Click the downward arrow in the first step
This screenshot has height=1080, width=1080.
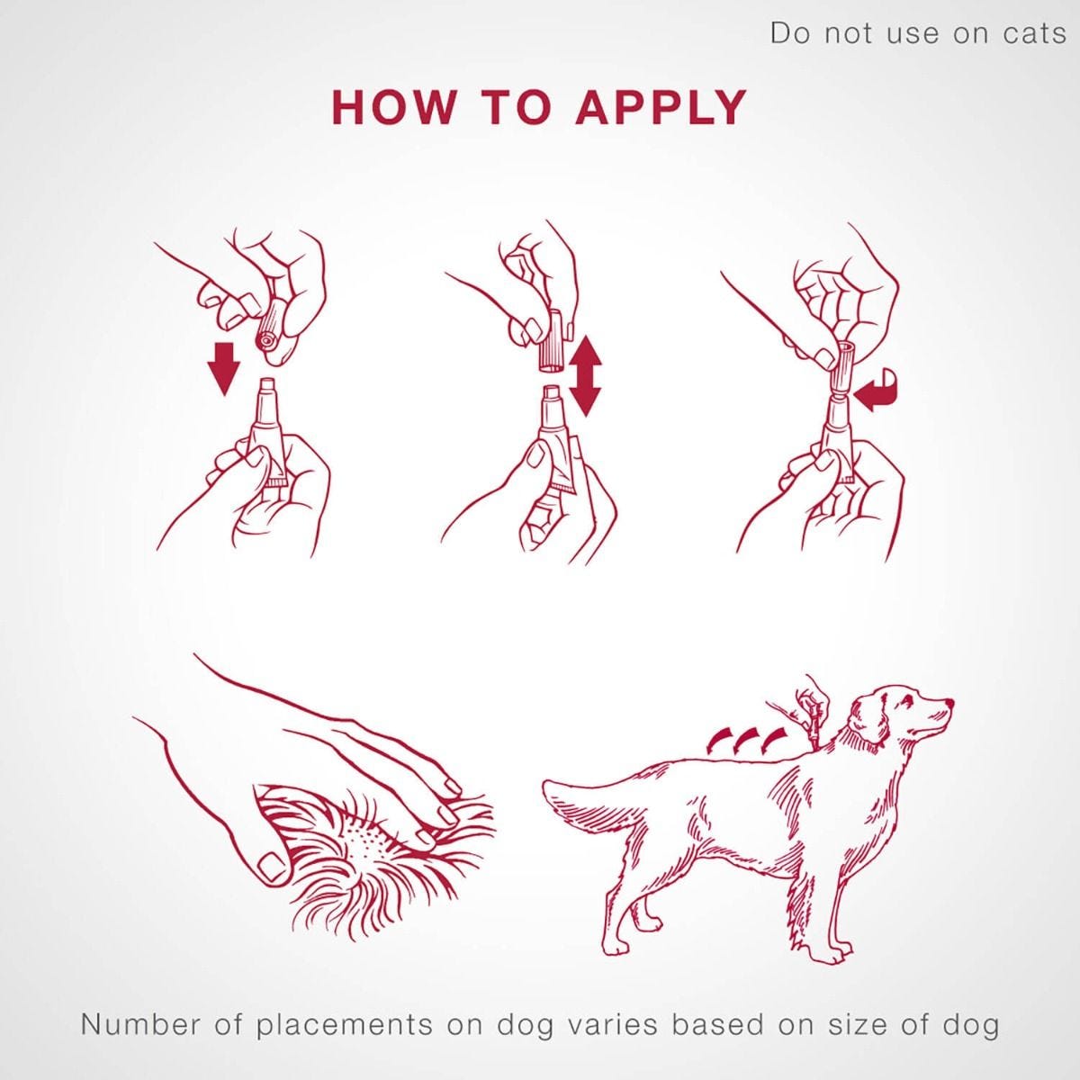(222, 365)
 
